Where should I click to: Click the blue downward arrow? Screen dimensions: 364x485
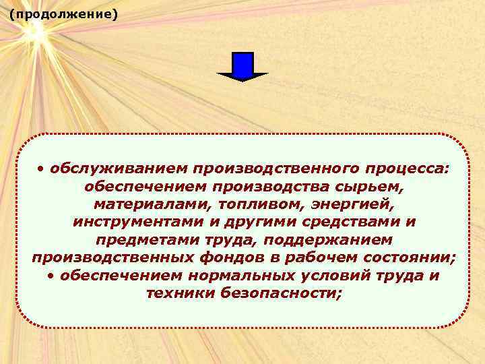(x=243, y=66)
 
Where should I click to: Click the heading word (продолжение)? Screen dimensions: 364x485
(x=64, y=13)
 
